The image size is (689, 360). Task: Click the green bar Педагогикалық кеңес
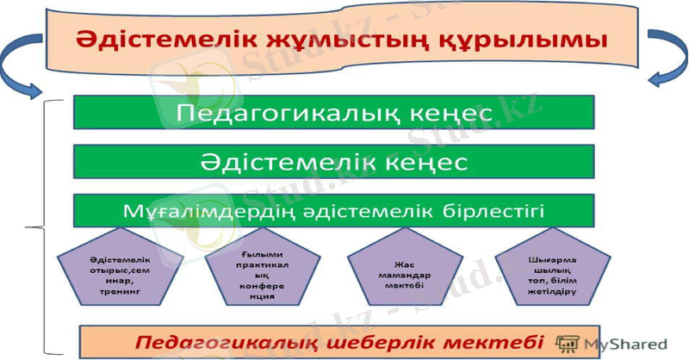tap(333, 112)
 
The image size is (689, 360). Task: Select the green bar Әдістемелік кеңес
tap(333, 161)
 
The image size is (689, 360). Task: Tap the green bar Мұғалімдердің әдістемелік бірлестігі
tap(333, 210)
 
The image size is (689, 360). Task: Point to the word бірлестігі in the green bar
tap(500, 210)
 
